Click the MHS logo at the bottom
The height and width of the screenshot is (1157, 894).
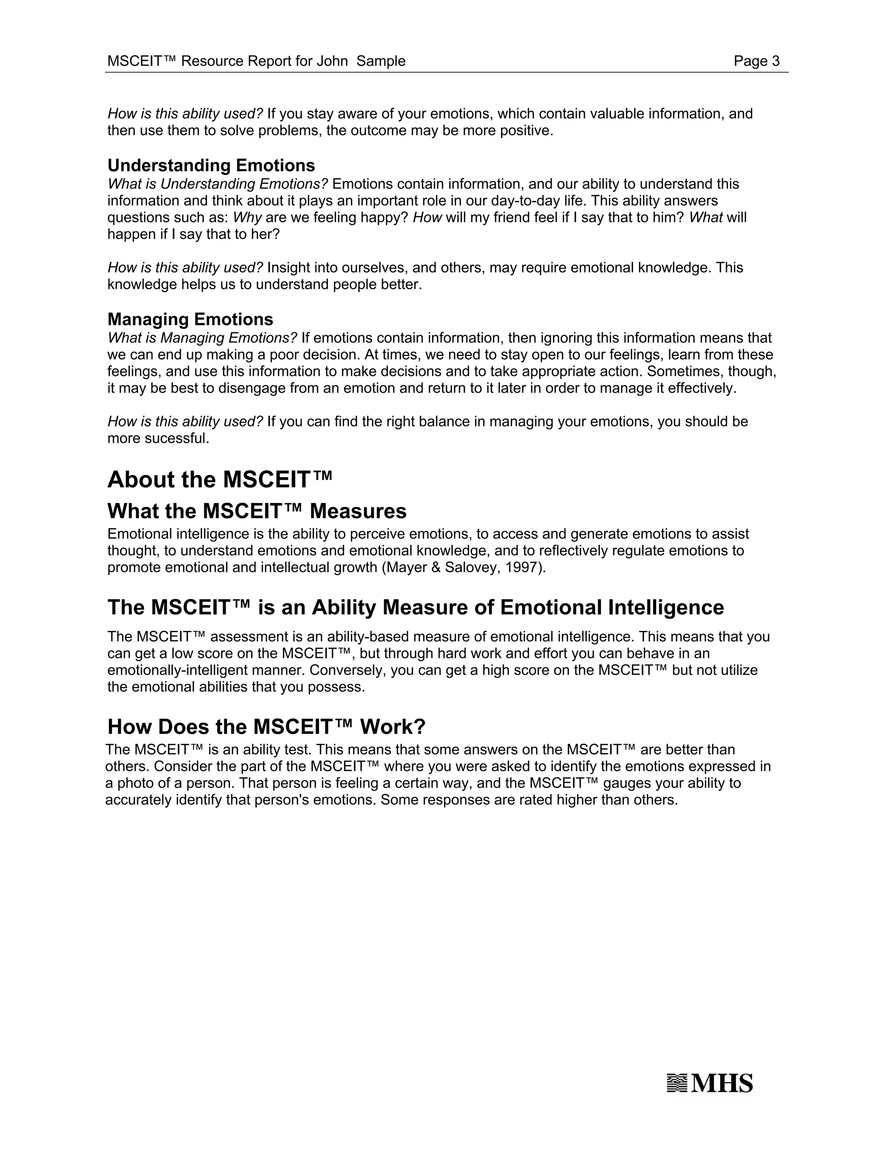[x=710, y=1083]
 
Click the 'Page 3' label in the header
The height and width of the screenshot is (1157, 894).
[x=756, y=62]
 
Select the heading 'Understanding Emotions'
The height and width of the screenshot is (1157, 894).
[x=211, y=166]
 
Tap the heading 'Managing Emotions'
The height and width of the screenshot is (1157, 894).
[x=190, y=320]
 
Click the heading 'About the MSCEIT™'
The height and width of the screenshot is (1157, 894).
[x=220, y=480]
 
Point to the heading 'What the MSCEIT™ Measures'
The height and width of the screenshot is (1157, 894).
[x=257, y=512]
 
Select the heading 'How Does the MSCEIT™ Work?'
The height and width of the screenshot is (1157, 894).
[x=266, y=727]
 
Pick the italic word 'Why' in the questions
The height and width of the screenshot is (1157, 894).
[x=248, y=218]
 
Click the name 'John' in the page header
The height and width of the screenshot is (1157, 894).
[x=332, y=62]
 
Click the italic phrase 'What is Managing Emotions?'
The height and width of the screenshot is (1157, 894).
[x=202, y=338]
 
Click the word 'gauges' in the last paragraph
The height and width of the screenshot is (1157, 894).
[x=626, y=784]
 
